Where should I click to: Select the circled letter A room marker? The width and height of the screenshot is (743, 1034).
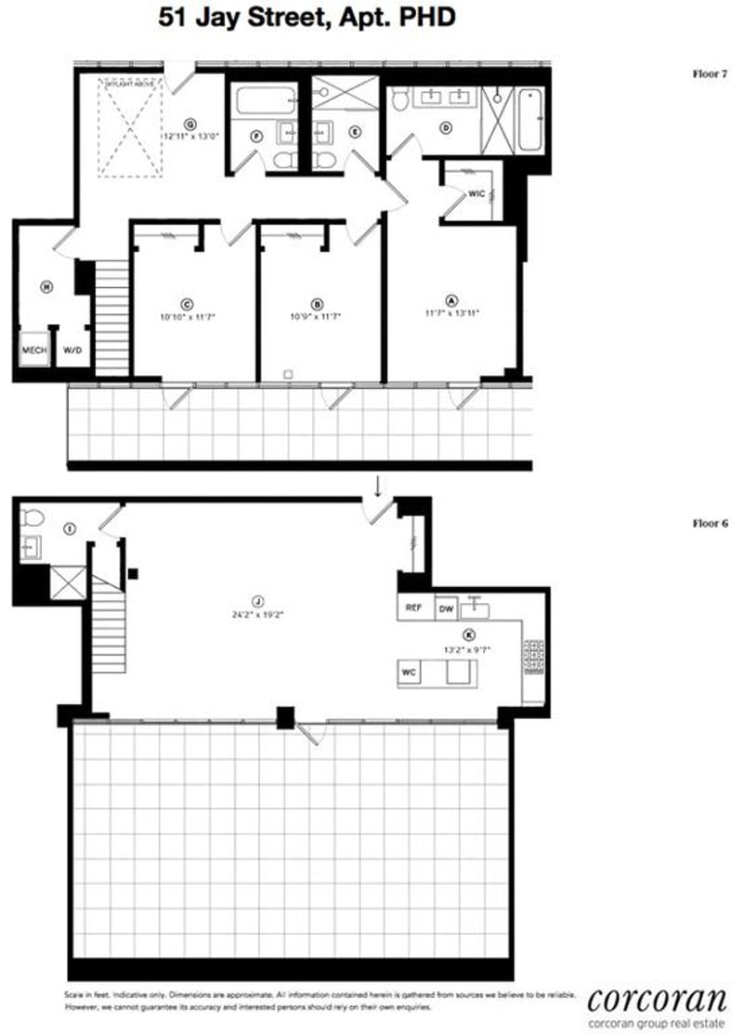[452, 300]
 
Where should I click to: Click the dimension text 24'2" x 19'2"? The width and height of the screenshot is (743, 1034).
[247, 613]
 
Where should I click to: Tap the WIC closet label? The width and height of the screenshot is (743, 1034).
[477, 192]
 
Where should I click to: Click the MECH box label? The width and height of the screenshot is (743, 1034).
[33, 351]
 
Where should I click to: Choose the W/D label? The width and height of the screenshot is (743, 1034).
[72, 351]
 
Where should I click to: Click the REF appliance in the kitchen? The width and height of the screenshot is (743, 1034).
[414, 608]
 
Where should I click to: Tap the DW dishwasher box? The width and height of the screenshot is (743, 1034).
[446, 608]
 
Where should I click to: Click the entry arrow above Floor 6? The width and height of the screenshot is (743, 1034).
[377, 485]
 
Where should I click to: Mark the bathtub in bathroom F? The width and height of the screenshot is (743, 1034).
[265, 100]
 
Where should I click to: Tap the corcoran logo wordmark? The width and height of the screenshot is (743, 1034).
[657, 1000]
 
